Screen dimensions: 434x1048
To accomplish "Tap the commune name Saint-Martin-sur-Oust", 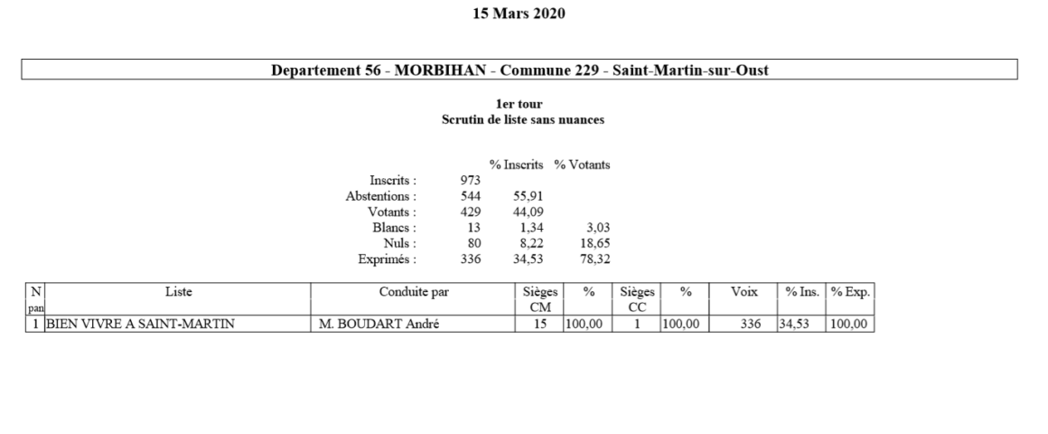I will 690,71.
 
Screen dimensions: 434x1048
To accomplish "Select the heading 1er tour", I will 523,105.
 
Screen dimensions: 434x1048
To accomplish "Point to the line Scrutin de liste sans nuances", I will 522,118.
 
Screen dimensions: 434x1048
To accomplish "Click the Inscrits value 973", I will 471,180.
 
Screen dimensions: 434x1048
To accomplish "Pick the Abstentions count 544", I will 471,195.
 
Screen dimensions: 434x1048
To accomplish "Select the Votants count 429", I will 471,212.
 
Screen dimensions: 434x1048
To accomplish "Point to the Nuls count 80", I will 474,243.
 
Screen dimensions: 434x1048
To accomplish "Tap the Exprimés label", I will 388,259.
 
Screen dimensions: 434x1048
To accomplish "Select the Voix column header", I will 744,291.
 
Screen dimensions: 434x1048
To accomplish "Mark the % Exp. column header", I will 849,291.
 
